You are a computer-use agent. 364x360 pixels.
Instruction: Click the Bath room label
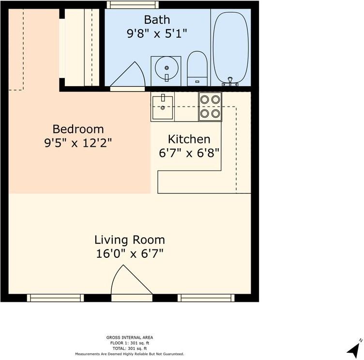[157, 20]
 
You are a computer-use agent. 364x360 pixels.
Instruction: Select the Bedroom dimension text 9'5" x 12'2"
[78, 143]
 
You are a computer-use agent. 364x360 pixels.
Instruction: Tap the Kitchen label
[189, 139]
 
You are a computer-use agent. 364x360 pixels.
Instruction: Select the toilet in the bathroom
[197, 68]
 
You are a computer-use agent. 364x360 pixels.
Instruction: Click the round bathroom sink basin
[167, 68]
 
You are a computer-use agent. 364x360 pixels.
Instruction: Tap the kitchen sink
[163, 108]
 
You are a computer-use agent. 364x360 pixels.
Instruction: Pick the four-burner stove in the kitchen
[210, 107]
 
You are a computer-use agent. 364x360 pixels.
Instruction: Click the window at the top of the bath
[133, 5]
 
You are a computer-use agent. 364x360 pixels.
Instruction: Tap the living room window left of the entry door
[55, 298]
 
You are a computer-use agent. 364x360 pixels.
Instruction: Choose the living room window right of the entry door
[206, 298]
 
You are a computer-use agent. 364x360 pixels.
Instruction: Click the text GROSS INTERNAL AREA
[130, 337]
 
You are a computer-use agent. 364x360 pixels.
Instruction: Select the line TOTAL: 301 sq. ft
[130, 348]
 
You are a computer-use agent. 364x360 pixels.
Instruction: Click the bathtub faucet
[230, 81]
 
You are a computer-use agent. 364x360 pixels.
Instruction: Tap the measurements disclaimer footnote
[130, 354]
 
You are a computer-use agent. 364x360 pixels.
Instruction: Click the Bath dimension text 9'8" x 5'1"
[157, 33]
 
